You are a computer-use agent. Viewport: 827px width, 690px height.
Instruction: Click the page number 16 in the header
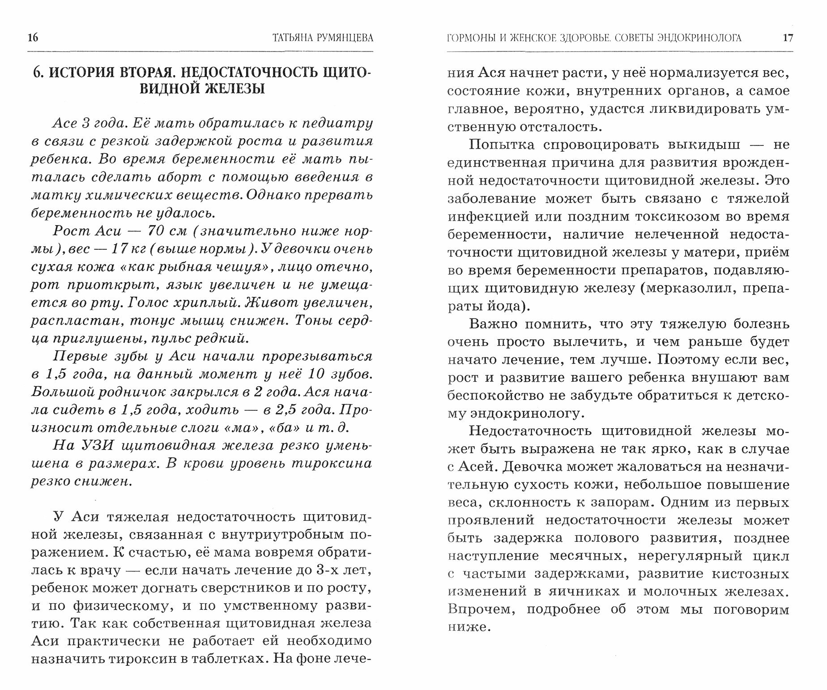click(33, 38)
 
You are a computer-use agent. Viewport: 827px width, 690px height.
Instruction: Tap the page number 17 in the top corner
click(788, 38)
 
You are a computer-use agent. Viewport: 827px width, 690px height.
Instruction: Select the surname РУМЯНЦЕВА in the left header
click(343, 38)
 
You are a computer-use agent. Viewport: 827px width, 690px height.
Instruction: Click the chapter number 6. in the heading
click(38, 72)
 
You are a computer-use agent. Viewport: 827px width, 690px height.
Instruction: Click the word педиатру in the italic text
click(335, 124)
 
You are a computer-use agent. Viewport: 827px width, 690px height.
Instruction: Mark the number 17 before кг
click(119, 249)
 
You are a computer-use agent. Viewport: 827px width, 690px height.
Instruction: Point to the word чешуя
click(242, 267)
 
